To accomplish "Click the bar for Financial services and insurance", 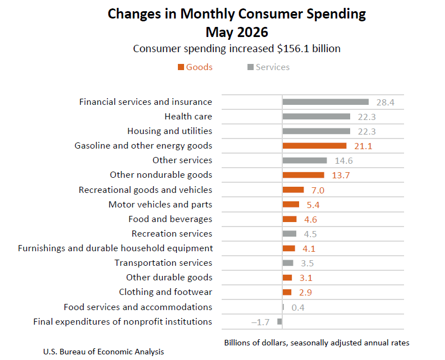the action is (x=325, y=102).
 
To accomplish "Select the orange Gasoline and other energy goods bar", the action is (x=314, y=146).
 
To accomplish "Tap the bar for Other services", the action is (x=305, y=160).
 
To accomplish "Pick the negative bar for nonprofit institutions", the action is (x=279, y=321).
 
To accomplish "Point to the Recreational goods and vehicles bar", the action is (x=293, y=190).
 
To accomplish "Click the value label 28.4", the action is (x=386, y=103).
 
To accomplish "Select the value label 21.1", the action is (x=363, y=146).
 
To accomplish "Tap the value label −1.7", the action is (x=260, y=322).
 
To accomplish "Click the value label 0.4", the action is (x=298, y=307).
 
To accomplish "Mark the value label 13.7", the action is (x=341, y=176).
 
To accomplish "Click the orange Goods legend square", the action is (x=181, y=67).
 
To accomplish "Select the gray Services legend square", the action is (x=250, y=67).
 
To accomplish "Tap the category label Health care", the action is (x=189, y=116).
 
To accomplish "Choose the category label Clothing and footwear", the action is (x=166, y=292).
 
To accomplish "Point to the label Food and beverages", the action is (x=170, y=219).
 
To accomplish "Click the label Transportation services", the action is (x=163, y=262).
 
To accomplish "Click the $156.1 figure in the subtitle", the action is (x=293, y=49).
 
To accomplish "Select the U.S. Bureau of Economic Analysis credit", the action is (x=104, y=352).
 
